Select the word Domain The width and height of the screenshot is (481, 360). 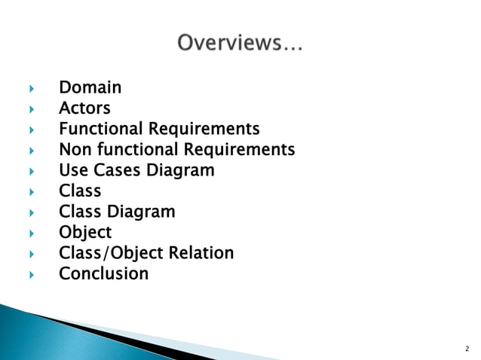click(90, 88)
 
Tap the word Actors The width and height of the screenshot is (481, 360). click(84, 109)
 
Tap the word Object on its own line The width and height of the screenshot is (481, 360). click(85, 233)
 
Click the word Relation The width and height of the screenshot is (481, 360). click(201, 253)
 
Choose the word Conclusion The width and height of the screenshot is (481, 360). click(104, 273)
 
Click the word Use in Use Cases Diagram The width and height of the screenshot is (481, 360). click(74, 171)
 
